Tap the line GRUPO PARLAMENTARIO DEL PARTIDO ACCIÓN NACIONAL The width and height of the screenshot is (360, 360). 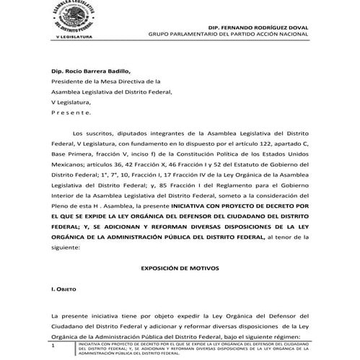(229, 34)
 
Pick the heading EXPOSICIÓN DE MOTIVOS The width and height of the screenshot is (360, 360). (180, 268)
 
